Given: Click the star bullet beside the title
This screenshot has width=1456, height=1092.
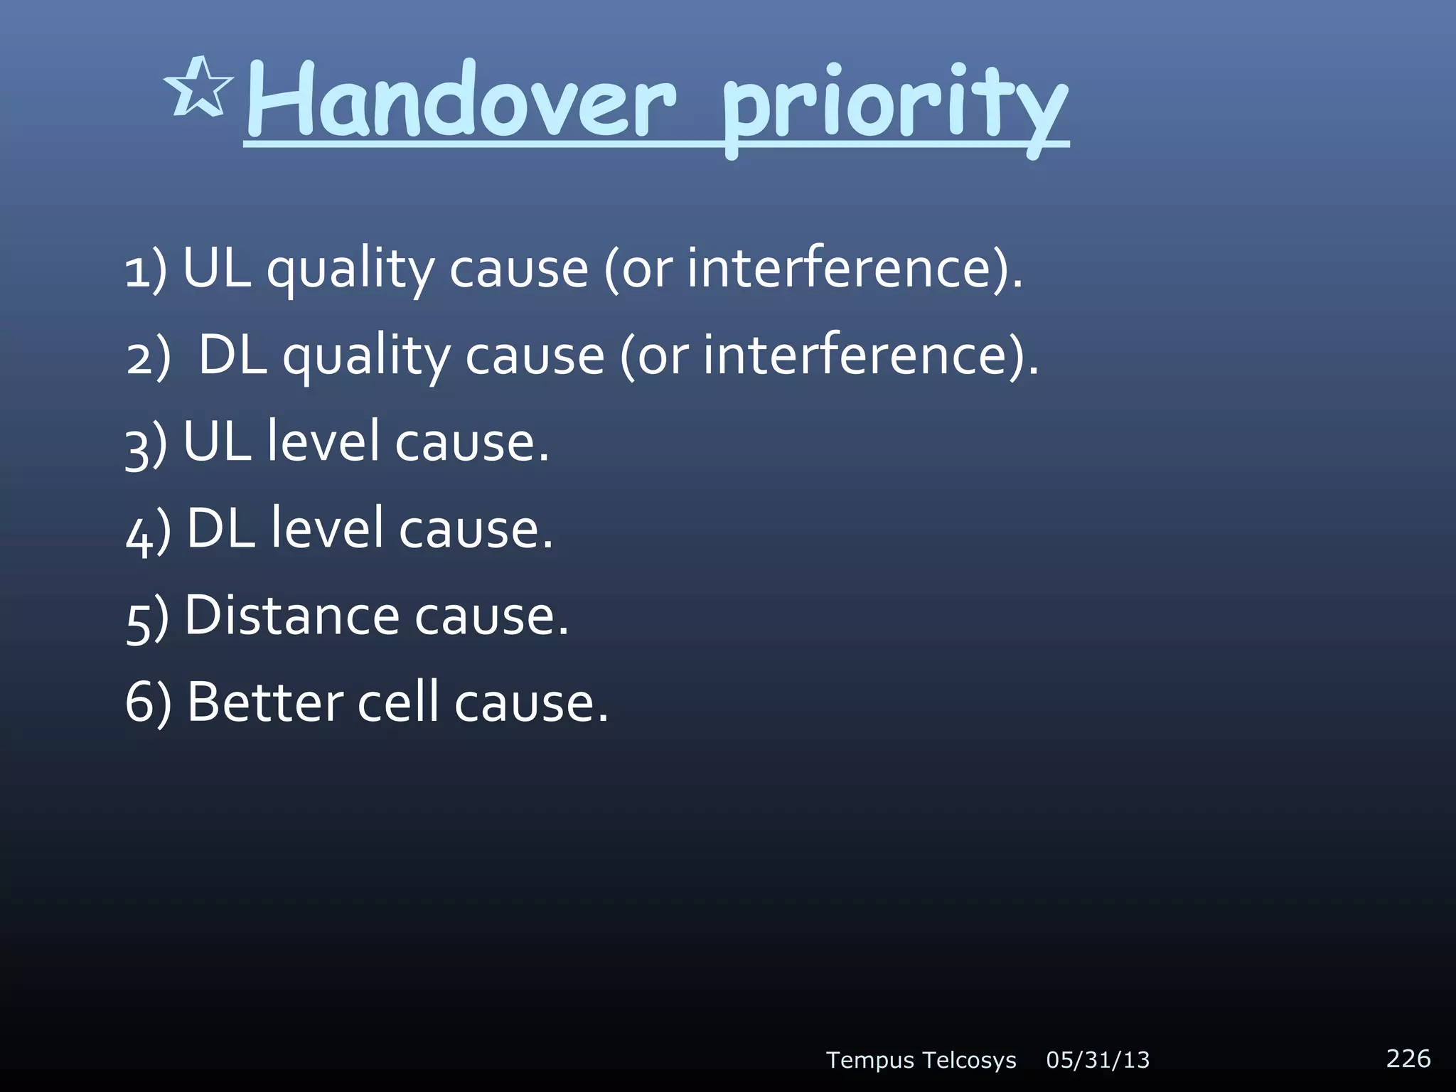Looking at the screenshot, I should coord(198,88).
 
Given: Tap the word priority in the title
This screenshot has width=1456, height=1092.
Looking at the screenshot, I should coord(894,107).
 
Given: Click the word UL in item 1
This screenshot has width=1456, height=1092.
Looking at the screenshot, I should coord(217,268).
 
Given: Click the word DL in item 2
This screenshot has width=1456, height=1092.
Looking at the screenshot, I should coord(232,355).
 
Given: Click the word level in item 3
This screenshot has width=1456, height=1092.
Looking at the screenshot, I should coord(323,441).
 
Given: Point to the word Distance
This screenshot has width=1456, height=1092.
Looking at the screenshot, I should coord(291,615).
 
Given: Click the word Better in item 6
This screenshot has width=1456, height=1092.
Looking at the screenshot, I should coord(265,702).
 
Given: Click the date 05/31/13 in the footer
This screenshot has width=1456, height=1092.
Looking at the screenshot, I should coord(1098,1060).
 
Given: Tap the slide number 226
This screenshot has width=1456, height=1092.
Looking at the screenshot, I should coord(1408,1058).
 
